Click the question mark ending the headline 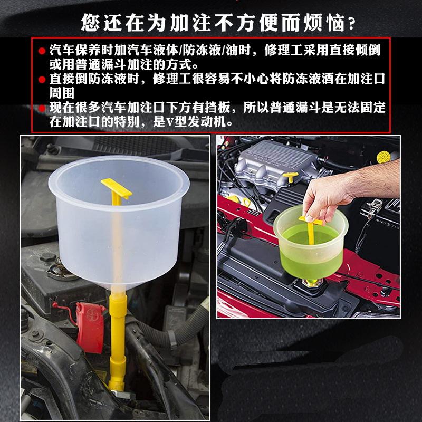(351, 24)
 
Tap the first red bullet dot (42, 51)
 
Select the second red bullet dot (42, 80)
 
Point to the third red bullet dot (42, 109)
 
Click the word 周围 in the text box (62, 93)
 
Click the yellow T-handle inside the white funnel (116, 188)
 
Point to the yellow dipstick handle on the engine (291, 177)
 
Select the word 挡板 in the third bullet (218, 108)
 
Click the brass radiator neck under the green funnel (312, 283)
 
